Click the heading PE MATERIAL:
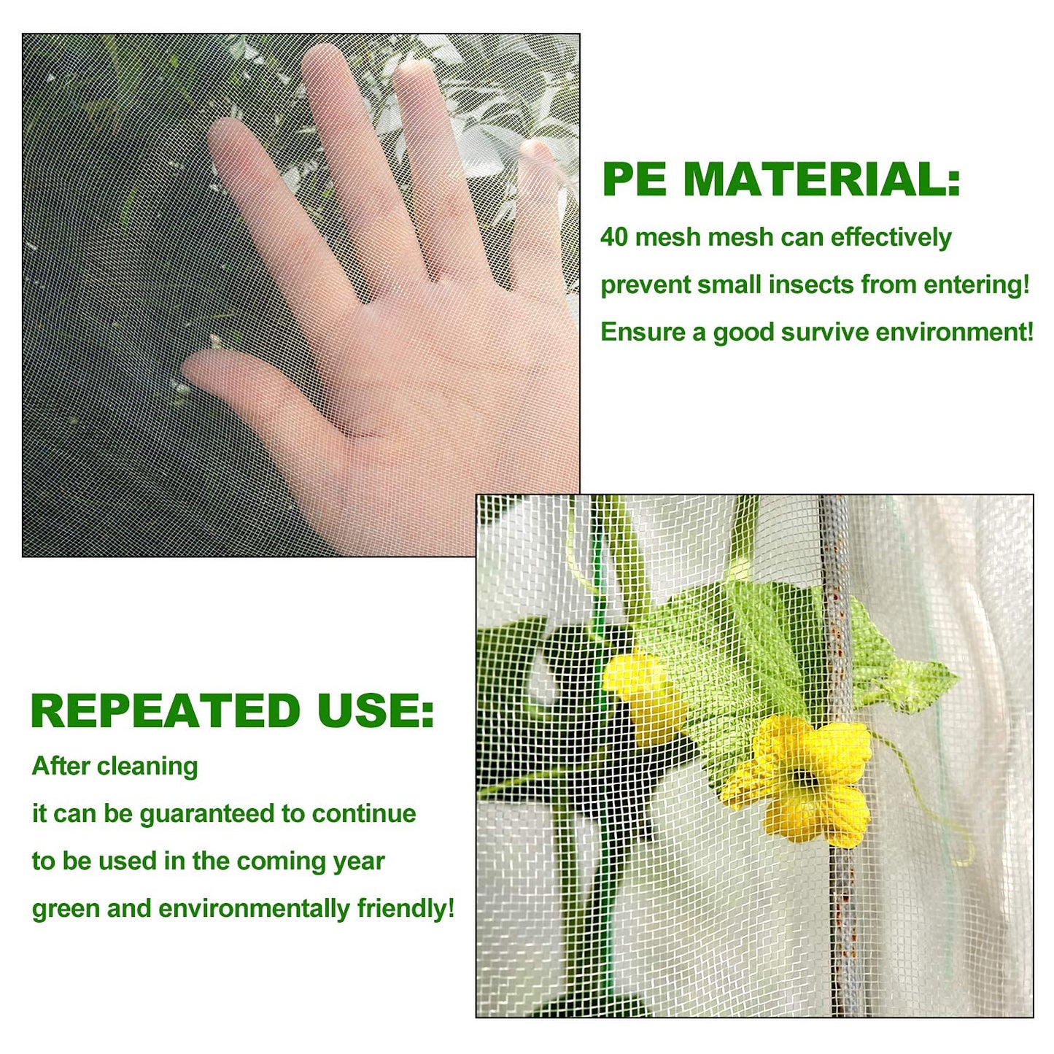click(780, 179)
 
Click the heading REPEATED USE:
click(232, 711)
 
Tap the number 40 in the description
click(613, 237)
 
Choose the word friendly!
click(406, 909)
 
